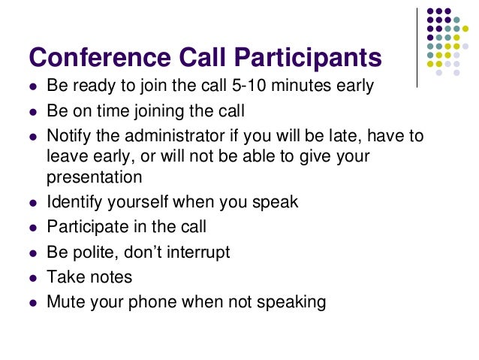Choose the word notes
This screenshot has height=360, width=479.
(110, 277)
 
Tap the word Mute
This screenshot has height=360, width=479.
(66, 302)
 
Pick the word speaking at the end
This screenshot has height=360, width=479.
(291, 302)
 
